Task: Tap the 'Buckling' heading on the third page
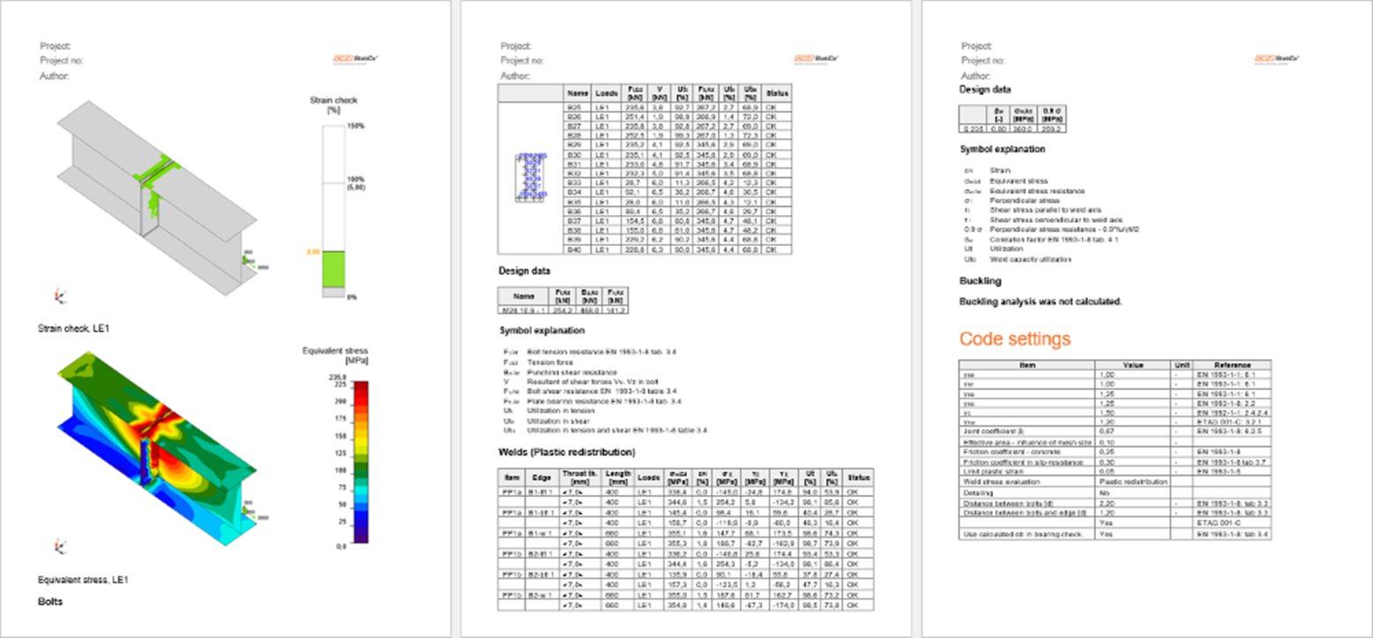pyautogui.click(x=980, y=281)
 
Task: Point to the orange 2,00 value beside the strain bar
pyautogui.click(x=312, y=251)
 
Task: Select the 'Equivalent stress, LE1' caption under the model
pyautogui.click(x=84, y=580)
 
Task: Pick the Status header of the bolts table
pyautogui.click(x=777, y=93)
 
